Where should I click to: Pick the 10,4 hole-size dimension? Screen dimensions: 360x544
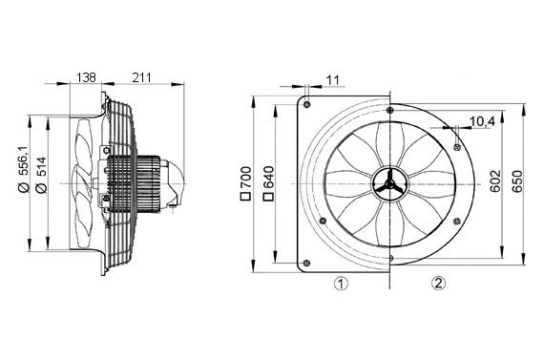[x=482, y=122]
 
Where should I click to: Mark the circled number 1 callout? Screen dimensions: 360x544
[x=341, y=284]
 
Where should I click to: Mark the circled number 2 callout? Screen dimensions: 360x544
[x=437, y=283]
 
